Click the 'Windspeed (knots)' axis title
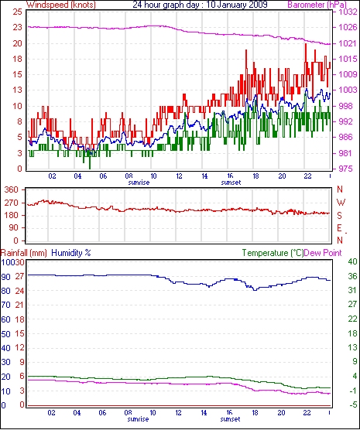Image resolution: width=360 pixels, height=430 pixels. click(x=61, y=5)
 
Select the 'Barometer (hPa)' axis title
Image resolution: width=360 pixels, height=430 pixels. click(x=317, y=5)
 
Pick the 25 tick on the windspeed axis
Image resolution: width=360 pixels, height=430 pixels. click(x=17, y=12)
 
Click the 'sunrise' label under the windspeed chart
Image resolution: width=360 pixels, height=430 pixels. click(x=139, y=183)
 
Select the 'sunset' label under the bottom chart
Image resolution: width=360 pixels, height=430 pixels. click(x=230, y=419)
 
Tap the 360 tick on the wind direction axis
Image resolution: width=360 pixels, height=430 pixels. click(x=12, y=189)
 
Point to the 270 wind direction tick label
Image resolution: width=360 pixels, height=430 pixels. click(x=12, y=203)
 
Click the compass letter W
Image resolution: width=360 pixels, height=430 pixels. click(x=341, y=203)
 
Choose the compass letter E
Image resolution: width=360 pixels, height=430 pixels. click(x=340, y=228)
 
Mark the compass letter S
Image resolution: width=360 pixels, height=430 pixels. click(x=340, y=216)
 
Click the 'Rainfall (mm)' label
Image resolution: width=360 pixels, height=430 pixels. click(x=24, y=253)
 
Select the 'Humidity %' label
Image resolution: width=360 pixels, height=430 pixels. click(x=71, y=253)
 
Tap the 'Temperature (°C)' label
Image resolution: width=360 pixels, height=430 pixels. click(x=273, y=253)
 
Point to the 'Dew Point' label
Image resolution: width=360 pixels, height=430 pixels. click(x=323, y=253)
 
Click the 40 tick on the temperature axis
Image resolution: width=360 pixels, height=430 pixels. click(x=353, y=261)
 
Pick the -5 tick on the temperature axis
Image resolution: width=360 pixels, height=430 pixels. click(x=353, y=404)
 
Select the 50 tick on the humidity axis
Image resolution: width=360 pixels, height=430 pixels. click(x=5, y=334)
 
